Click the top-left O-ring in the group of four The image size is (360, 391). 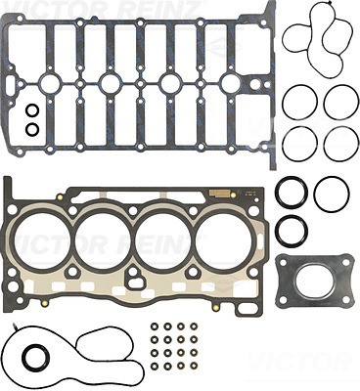point(300,101)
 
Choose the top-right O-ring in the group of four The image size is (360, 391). point(341,101)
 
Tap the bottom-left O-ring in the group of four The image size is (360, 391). point(300,143)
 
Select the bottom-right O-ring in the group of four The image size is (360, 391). point(341,143)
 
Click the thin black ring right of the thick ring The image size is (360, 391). point(333,193)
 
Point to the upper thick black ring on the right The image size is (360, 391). point(292,193)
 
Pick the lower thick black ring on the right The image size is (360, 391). point(292,232)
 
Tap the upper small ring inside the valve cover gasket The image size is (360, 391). point(32,109)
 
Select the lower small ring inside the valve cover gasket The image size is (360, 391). point(32,128)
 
